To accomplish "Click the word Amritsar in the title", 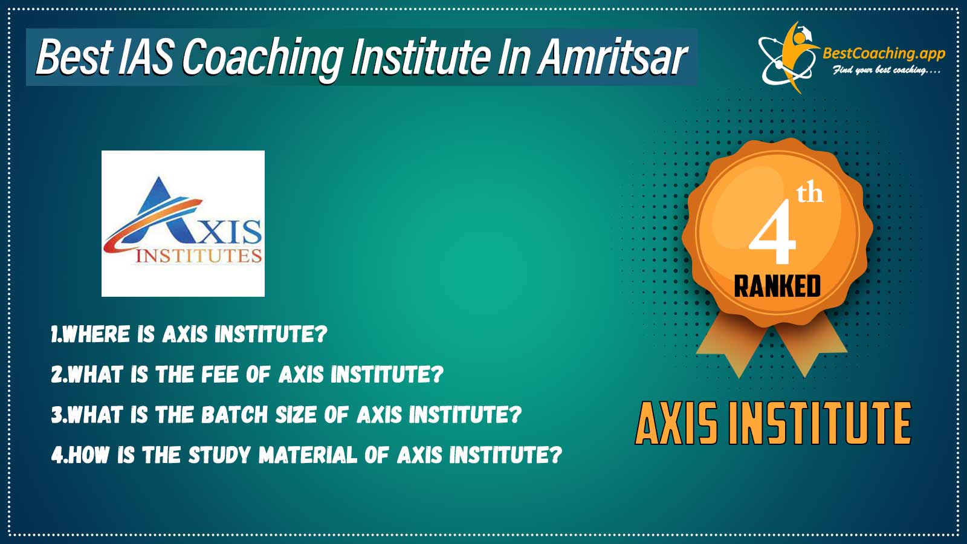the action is tap(612, 57).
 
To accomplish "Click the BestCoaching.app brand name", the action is tap(884, 54).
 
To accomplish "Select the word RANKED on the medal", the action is tap(777, 287).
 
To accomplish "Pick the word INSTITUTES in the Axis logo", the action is tap(199, 256).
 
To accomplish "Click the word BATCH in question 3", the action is tap(235, 415).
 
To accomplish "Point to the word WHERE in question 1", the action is tap(96, 334).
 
